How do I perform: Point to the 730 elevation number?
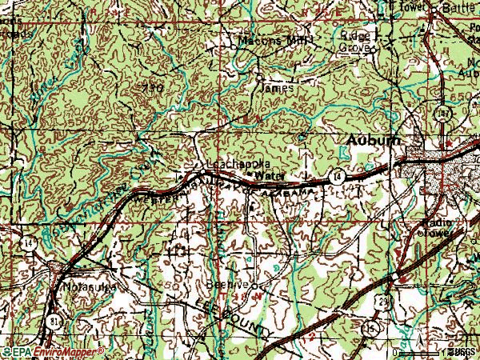click(x=153, y=88)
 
